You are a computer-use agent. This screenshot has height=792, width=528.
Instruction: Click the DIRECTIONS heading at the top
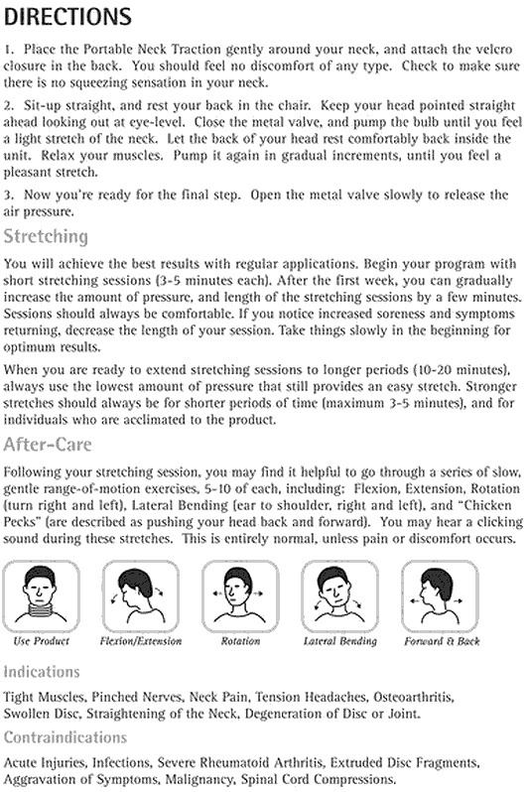(68, 17)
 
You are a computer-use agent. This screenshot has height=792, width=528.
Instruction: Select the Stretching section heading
(46, 236)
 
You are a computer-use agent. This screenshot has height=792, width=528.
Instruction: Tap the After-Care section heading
(50, 444)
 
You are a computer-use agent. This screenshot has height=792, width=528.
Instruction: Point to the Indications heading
(41, 672)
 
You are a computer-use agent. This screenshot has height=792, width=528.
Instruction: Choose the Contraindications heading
(66, 737)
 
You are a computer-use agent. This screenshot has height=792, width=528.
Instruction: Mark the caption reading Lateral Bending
(339, 641)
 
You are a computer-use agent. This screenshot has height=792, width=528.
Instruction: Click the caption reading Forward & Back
(442, 641)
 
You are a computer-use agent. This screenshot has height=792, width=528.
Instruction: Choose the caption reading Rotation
(240, 641)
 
